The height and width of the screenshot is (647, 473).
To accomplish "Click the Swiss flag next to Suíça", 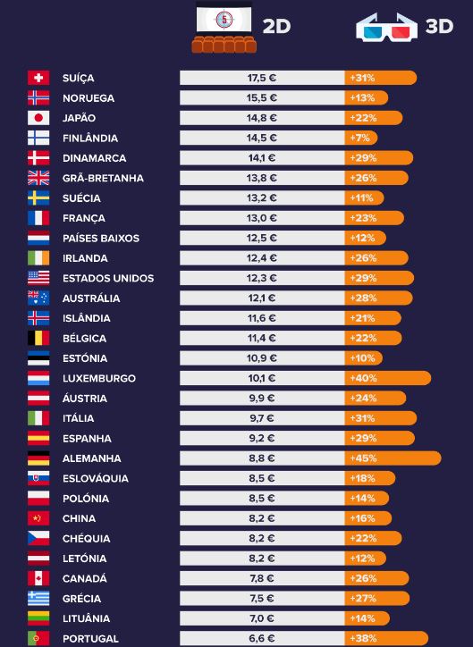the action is pyautogui.click(x=38, y=78).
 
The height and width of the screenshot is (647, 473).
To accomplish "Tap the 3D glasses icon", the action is pyautogui.click(x=387, y=27).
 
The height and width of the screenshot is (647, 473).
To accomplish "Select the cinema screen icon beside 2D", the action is pyautogui.click(x=224, y=27).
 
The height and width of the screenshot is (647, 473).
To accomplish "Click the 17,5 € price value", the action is pyautogui.click(x=262, y=78).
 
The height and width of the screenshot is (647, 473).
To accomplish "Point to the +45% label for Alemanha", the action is pyautogui.click(x=363, y=458).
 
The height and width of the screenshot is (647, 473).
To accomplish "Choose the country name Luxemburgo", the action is pyautogui.click(x=99, y=378).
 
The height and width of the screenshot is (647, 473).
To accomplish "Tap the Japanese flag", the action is pyautogui.click(x=38, y=118).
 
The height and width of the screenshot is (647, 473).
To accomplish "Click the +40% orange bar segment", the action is pyautogui.click(x=388, y=378).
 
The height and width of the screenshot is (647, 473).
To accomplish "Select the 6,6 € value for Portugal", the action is pyautogui.click(x=262, y=638).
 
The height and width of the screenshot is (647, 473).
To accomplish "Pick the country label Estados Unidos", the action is pyautogui.click(x=108, y=278).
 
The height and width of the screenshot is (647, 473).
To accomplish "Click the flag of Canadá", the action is pyautogui.click(x=38, y=578).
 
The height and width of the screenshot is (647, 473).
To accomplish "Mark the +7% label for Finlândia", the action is pyautogui.click(x=360, y=138).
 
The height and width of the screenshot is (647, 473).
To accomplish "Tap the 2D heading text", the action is pyautogui.click(x=276, y=27).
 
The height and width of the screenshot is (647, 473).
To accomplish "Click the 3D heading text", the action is pyautogui.click(x=439, y=27).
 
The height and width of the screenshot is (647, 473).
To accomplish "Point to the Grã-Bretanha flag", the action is pyautogui.click(x=38, y=178).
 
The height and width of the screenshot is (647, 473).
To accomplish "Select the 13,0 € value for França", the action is pyautogui.click(x=262, y=218).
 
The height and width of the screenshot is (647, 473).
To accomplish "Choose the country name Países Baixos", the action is pyautogui.click(x=101, y=238).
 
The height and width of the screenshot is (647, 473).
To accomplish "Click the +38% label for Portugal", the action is pyautogui.click(x=363, y=638).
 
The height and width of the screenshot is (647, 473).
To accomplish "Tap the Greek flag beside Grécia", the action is pyautogui.click(x=38, y=599).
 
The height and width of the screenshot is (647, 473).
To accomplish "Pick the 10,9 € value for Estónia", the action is pyautogui.click(x=262, y=358).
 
